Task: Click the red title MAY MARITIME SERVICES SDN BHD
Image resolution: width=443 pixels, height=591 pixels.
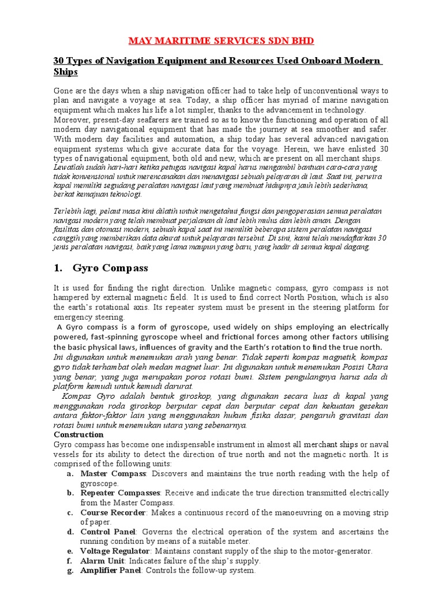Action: pos(221,42)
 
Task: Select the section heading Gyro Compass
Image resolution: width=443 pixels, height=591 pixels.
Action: pos(110,268)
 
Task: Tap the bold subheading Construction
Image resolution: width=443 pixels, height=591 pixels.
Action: pos(78,434)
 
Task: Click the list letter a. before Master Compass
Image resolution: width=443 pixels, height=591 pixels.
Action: pos(70,473)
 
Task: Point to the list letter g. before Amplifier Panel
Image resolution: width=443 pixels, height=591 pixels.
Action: pos(70,571)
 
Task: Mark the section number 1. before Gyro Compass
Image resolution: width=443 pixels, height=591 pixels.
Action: pos(58,268)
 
